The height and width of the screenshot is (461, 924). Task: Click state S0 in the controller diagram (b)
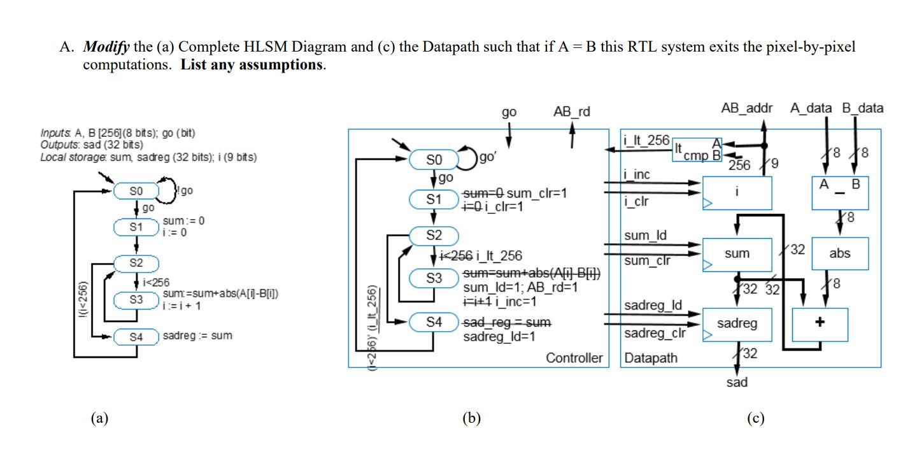tap(433, 159)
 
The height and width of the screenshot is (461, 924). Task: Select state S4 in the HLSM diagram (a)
tap(136, 337)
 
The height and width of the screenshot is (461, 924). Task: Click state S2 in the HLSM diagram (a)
tap(136, 262)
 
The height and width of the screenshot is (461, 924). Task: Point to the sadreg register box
tap(737, 323)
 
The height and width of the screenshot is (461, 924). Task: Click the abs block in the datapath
tap(840, 253)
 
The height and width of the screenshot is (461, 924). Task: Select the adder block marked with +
tap(820, 323)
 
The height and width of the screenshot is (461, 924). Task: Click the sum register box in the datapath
tap(737, 253)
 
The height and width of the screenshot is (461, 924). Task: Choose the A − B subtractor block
tap(840, 192)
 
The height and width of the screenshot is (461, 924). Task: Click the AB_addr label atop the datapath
tap(746, 108)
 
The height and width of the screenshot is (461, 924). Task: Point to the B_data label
tap(863, 108)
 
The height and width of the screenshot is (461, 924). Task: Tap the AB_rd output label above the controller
tap(572, 112)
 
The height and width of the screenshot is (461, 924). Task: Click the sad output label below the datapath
tap(737, 382)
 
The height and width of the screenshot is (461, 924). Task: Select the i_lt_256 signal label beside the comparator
tap(646, 141)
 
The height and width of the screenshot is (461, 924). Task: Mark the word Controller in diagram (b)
tap(574, 358)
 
